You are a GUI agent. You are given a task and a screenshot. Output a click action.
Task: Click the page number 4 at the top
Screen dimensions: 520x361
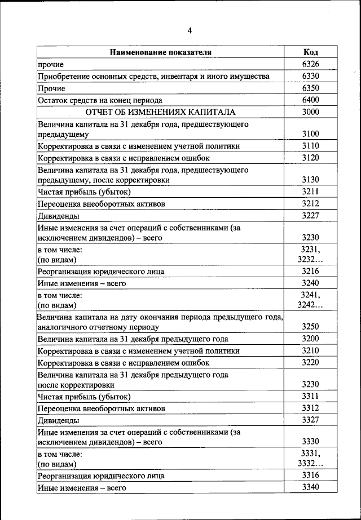(x=190, y=30)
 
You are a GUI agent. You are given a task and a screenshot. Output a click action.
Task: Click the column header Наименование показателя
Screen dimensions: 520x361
(x=161, y=52)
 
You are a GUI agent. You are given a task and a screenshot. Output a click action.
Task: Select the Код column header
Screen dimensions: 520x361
(x=310, y=52)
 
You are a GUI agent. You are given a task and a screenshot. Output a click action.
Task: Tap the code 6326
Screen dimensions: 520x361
(x=310, y=64)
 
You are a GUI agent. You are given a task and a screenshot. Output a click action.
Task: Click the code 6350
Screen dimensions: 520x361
(x=310, y=88)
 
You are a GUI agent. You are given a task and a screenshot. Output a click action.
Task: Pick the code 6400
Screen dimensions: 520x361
(x=310, y=100)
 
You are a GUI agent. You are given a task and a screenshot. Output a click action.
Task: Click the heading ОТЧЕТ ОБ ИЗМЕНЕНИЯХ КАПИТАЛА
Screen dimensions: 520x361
(x=160, y=112)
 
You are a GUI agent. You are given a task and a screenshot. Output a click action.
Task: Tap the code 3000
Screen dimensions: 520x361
(x=310, y=112)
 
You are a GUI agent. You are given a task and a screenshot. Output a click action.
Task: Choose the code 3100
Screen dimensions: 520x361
(x=310, y=134)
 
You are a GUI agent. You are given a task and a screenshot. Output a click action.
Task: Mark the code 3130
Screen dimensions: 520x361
(x=310, y=180)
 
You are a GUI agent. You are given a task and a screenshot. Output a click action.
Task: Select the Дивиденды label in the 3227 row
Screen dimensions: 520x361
(x=59, y=215)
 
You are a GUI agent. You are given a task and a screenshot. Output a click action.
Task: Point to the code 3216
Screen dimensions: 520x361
(x=310, y=271)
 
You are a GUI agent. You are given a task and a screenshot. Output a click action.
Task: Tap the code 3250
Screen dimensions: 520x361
(x=310, y=327)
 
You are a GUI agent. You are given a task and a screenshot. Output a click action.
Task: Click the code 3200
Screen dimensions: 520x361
(x=310, y=339)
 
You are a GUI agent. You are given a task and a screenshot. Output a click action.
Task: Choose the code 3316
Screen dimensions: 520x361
(x=310, y=475)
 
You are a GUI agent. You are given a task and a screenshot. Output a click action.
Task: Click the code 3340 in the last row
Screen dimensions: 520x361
(x=310, y=487)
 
